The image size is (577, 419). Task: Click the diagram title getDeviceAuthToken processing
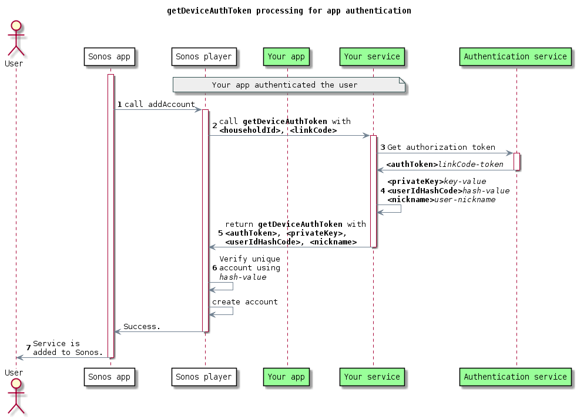[288, 11]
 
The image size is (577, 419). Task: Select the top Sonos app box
[109, 57]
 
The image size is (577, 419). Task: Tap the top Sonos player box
[204, 57]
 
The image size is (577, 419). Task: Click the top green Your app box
[286, 57]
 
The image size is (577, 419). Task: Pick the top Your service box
[372, 57]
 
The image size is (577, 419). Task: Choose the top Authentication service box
[515, 57]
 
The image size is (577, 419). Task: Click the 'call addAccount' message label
[159, 104]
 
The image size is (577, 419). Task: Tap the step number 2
[214, 126]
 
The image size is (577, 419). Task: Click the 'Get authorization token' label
[441, 148]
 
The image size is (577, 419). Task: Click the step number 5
[220, 233]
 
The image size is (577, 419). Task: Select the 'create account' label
[244, 302]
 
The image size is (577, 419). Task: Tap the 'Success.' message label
[142, 326]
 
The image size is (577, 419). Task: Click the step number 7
[28, 348]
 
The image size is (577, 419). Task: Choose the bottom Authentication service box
[515, 377]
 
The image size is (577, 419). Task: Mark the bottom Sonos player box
[204, 377]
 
